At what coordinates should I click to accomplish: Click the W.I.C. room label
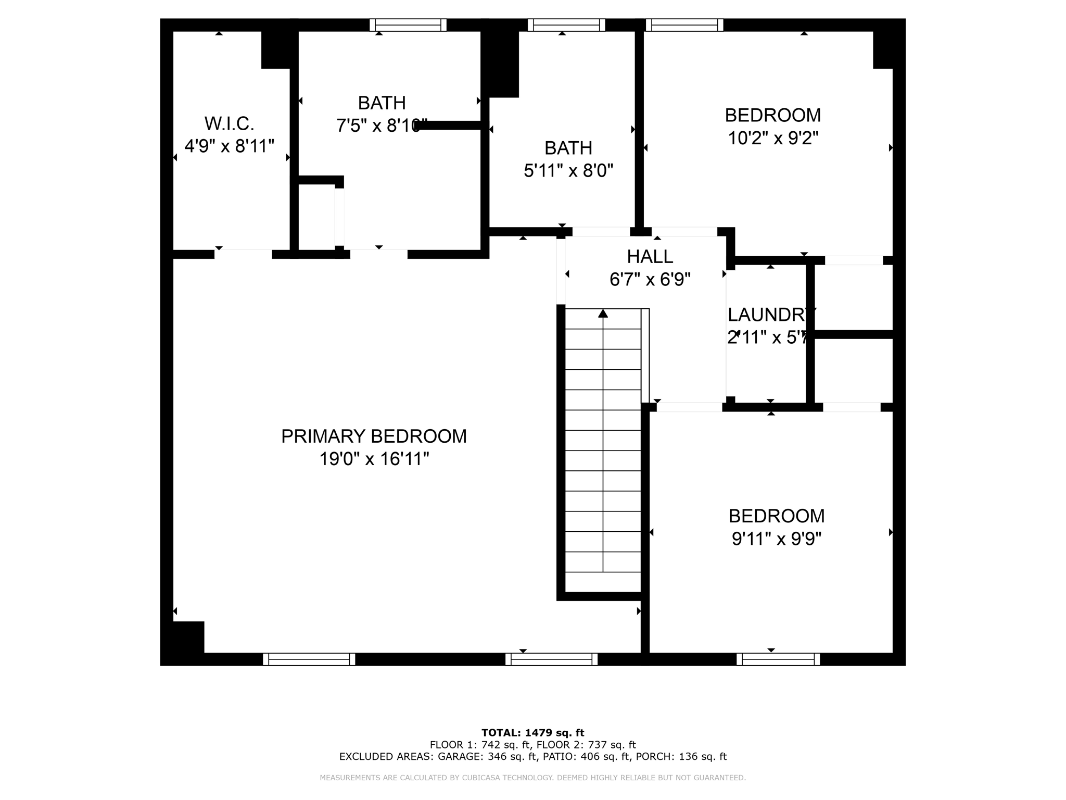[x=229, y=124]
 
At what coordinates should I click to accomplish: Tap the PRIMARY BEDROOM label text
[x=374, y=436]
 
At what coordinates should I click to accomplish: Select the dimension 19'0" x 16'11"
[x=374, y=459]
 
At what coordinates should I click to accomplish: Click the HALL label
[x=650, y=257]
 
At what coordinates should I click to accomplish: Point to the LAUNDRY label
[x=770, y=315]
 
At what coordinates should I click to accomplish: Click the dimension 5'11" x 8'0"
[x=568, y=171]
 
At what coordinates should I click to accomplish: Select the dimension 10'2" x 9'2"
[x=773, y=139]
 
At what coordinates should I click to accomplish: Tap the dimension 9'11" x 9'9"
[x=776, y=539]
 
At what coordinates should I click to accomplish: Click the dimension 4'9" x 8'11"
[x=229, y=146]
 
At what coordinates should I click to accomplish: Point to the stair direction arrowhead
[x=603, y=313]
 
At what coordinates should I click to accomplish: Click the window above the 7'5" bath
[x=408, y=25]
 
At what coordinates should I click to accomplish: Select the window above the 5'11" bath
[x=566, y=25]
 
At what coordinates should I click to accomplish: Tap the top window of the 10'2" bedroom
[x=684, y=25]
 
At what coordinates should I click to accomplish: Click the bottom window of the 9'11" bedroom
[x=778, y=659]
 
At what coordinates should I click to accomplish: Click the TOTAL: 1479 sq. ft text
[x=532, y=733]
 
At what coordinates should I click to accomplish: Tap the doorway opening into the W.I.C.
[x=243, y=254]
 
